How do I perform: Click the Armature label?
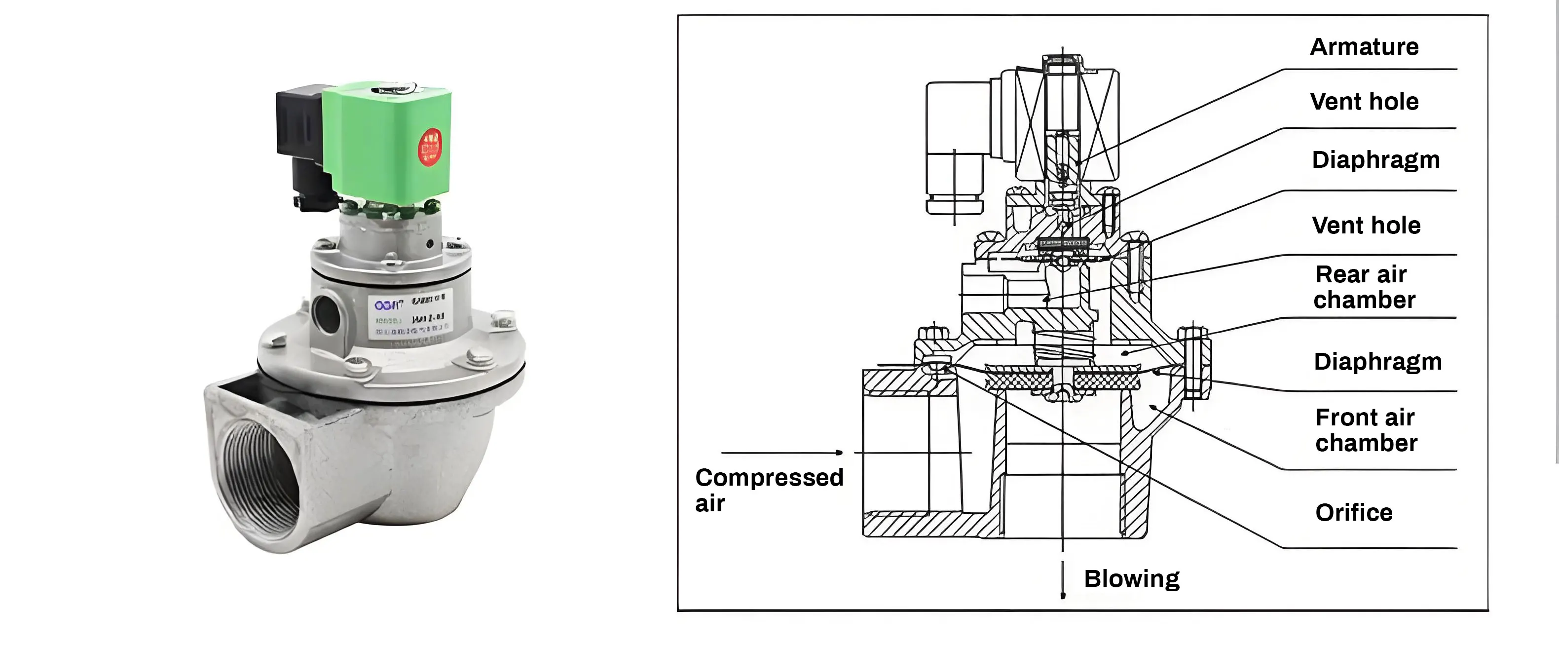pos(1364,46)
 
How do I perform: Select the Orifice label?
pos(1353,513)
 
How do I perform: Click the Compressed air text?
pos(769,490)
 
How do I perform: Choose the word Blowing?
pos(1131,578)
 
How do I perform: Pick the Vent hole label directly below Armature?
pos(1364,101)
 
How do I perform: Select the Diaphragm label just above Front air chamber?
pos(1377,361)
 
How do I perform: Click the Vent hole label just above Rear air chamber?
pos(1366,225)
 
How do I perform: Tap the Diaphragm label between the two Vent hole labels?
pos(1375,160)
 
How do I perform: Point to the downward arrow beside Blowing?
pos(1063,581)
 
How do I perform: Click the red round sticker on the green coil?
pos(430,147)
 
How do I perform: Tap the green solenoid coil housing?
pos(387,139)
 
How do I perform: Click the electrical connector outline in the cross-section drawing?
pos(956,148)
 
